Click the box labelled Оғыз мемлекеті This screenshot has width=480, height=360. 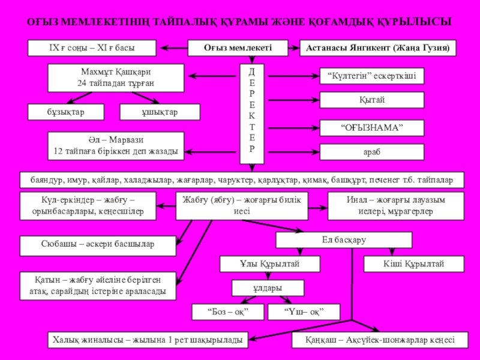(x=238, y=48)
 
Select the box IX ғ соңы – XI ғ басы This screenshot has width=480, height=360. (x=92, y=48)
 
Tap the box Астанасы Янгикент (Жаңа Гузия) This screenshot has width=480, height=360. (x=377, y=48)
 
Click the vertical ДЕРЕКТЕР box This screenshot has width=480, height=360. (x=251, y=113)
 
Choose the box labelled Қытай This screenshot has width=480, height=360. (x=371, y=100)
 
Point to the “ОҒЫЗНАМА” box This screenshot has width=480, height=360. (x=371, y=127)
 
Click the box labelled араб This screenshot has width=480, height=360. (x=371, y=152)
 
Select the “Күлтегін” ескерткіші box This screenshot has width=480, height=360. (x=371, y=76)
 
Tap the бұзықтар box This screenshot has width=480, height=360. (x=66, y=112)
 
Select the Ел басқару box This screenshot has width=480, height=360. (x=344, y=240)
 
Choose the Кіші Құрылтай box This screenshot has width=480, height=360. (x=413, y=264)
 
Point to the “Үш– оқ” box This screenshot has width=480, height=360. (x=304, y=312)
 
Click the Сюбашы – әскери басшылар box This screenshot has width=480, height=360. (x=98, y=245)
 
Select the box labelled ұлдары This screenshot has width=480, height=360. (x=268, y=288)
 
